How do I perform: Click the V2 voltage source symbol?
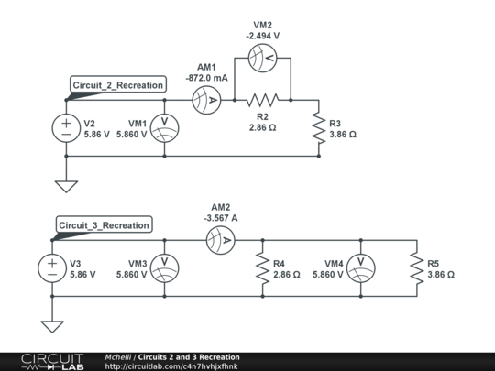66,128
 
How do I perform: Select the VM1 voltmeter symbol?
163,128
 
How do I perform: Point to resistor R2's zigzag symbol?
262,99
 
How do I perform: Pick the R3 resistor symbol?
320,128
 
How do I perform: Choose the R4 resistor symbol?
263,267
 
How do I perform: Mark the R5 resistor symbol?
417,267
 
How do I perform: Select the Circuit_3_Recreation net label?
103,225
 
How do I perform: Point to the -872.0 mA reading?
208,79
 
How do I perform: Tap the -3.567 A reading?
221,219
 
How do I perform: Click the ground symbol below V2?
66,186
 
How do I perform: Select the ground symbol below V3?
52,326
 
